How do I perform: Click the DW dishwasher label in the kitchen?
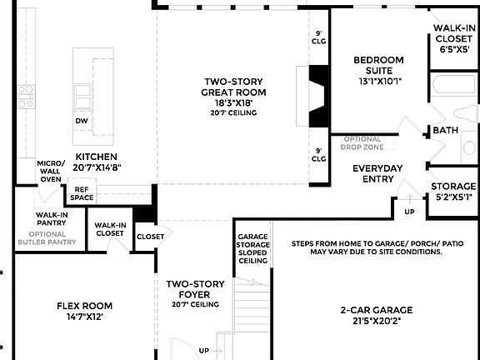pos(82,121)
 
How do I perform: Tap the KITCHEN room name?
pos(97,157)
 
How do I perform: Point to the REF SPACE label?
pos(82,193)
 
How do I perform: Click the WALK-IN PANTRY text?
pos(51,219)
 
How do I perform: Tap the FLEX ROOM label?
pos(84,306)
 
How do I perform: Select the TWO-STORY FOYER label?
pos(194,289)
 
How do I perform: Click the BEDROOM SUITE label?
pos(378,65)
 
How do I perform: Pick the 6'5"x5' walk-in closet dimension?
pos(453,48)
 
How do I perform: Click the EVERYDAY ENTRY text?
pos(377,173)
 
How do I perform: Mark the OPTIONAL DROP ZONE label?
pos(361,143)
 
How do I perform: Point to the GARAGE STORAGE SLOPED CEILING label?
pos(252,247)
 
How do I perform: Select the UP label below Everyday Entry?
pos(409,212)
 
